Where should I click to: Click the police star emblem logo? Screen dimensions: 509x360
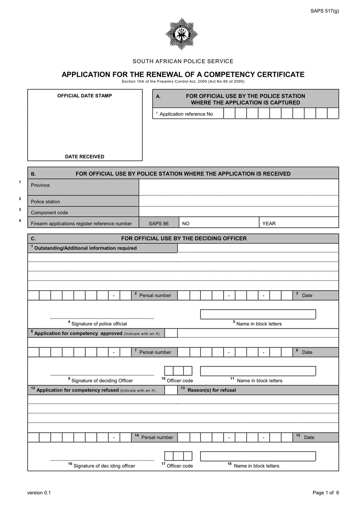182,34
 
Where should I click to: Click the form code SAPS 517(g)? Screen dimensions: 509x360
324,11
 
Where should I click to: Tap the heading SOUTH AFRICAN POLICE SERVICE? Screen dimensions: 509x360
183,61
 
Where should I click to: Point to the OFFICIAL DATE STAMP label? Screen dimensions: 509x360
84,96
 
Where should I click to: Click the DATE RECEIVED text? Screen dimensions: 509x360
84,156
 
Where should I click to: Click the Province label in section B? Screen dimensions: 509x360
40,185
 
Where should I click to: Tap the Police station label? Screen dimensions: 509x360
45,202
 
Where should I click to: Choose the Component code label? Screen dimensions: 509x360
49,212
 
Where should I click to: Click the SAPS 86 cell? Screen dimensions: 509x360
158,224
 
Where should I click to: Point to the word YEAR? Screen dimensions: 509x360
269,224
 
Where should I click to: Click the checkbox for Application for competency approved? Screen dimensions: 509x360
171,333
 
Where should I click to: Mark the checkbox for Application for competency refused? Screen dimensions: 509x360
171,390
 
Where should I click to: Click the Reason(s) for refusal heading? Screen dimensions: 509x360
212,390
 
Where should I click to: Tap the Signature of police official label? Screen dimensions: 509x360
99,324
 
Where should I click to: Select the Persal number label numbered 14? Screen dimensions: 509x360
157,437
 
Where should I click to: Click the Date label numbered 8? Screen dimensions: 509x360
307,352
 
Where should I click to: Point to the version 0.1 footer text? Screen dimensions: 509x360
39,493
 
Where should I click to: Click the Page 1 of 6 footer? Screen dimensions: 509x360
326,493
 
